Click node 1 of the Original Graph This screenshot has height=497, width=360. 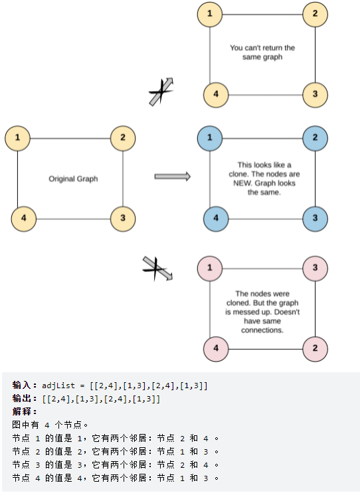click(17, 138)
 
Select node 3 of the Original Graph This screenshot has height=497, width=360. click(123, 219)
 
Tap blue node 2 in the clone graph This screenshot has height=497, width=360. click(315, 138)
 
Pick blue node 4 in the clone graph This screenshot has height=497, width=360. click(216, 219)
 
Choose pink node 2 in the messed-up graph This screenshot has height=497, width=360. click(315, 348)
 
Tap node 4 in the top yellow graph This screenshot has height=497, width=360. click(216, 95)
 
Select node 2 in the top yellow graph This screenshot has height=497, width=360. click(315, 14)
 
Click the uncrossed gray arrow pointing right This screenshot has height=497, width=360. click(173, 177)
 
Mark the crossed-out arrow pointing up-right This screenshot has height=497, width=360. click(161, 92)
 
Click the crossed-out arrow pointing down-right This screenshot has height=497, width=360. click(157, 269)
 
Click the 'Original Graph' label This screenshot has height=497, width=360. click(73, 178)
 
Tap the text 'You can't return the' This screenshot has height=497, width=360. click(262, 48)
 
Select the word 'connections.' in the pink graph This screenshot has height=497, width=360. click(262, 330)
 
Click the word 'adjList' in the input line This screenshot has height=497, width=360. click(58, 386)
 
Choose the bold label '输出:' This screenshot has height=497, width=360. click(25, 399)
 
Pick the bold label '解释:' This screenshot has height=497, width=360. click(25, 412)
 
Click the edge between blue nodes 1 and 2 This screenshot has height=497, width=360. click(262, 139)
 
